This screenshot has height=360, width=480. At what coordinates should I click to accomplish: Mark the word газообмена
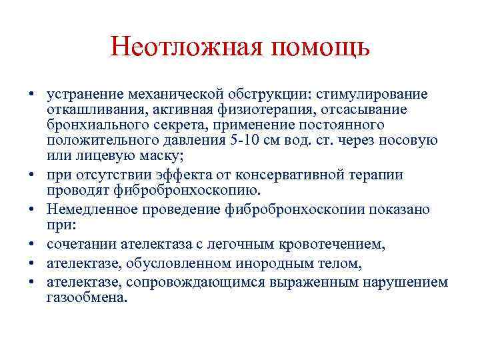pos(86,298)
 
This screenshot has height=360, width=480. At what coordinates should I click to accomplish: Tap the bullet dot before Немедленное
pos(31,210)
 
